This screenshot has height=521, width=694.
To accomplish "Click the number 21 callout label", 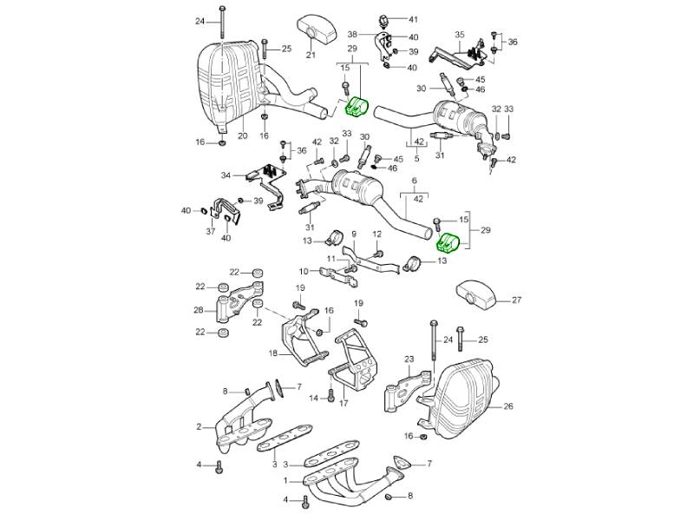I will pyautogui.click(x=310, y=55).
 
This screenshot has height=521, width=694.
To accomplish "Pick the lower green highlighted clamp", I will pyautogui.click(x=450, y=244).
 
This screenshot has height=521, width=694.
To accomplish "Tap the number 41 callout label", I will pyautogui.click(x=413, y=19).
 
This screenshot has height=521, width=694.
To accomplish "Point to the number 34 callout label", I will pyautogui.click(x=226, y=175).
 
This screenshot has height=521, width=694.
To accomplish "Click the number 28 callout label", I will pyautogui.click(x=198, y=310).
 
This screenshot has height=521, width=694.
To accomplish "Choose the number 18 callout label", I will pyautogui.click(x=273, y=353).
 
